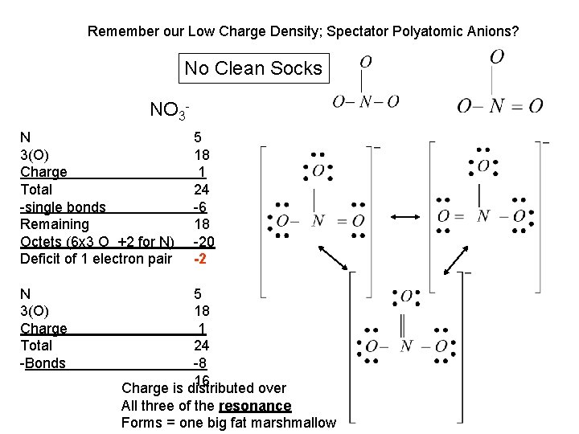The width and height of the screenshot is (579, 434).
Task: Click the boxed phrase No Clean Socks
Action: coord(253,68)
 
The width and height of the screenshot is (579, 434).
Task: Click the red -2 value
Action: coord(201,259)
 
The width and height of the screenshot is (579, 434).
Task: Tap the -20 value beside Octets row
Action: coord(203,242)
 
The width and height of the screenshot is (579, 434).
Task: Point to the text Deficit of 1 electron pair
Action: coord(96,259)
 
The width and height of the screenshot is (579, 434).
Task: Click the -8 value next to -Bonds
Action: coord(202,362)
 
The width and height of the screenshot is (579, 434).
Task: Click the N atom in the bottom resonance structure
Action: coord(406,346)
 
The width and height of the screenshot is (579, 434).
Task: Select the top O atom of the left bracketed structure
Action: coord(318,170)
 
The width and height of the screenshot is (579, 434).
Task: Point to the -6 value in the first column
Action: coord(201,207)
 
